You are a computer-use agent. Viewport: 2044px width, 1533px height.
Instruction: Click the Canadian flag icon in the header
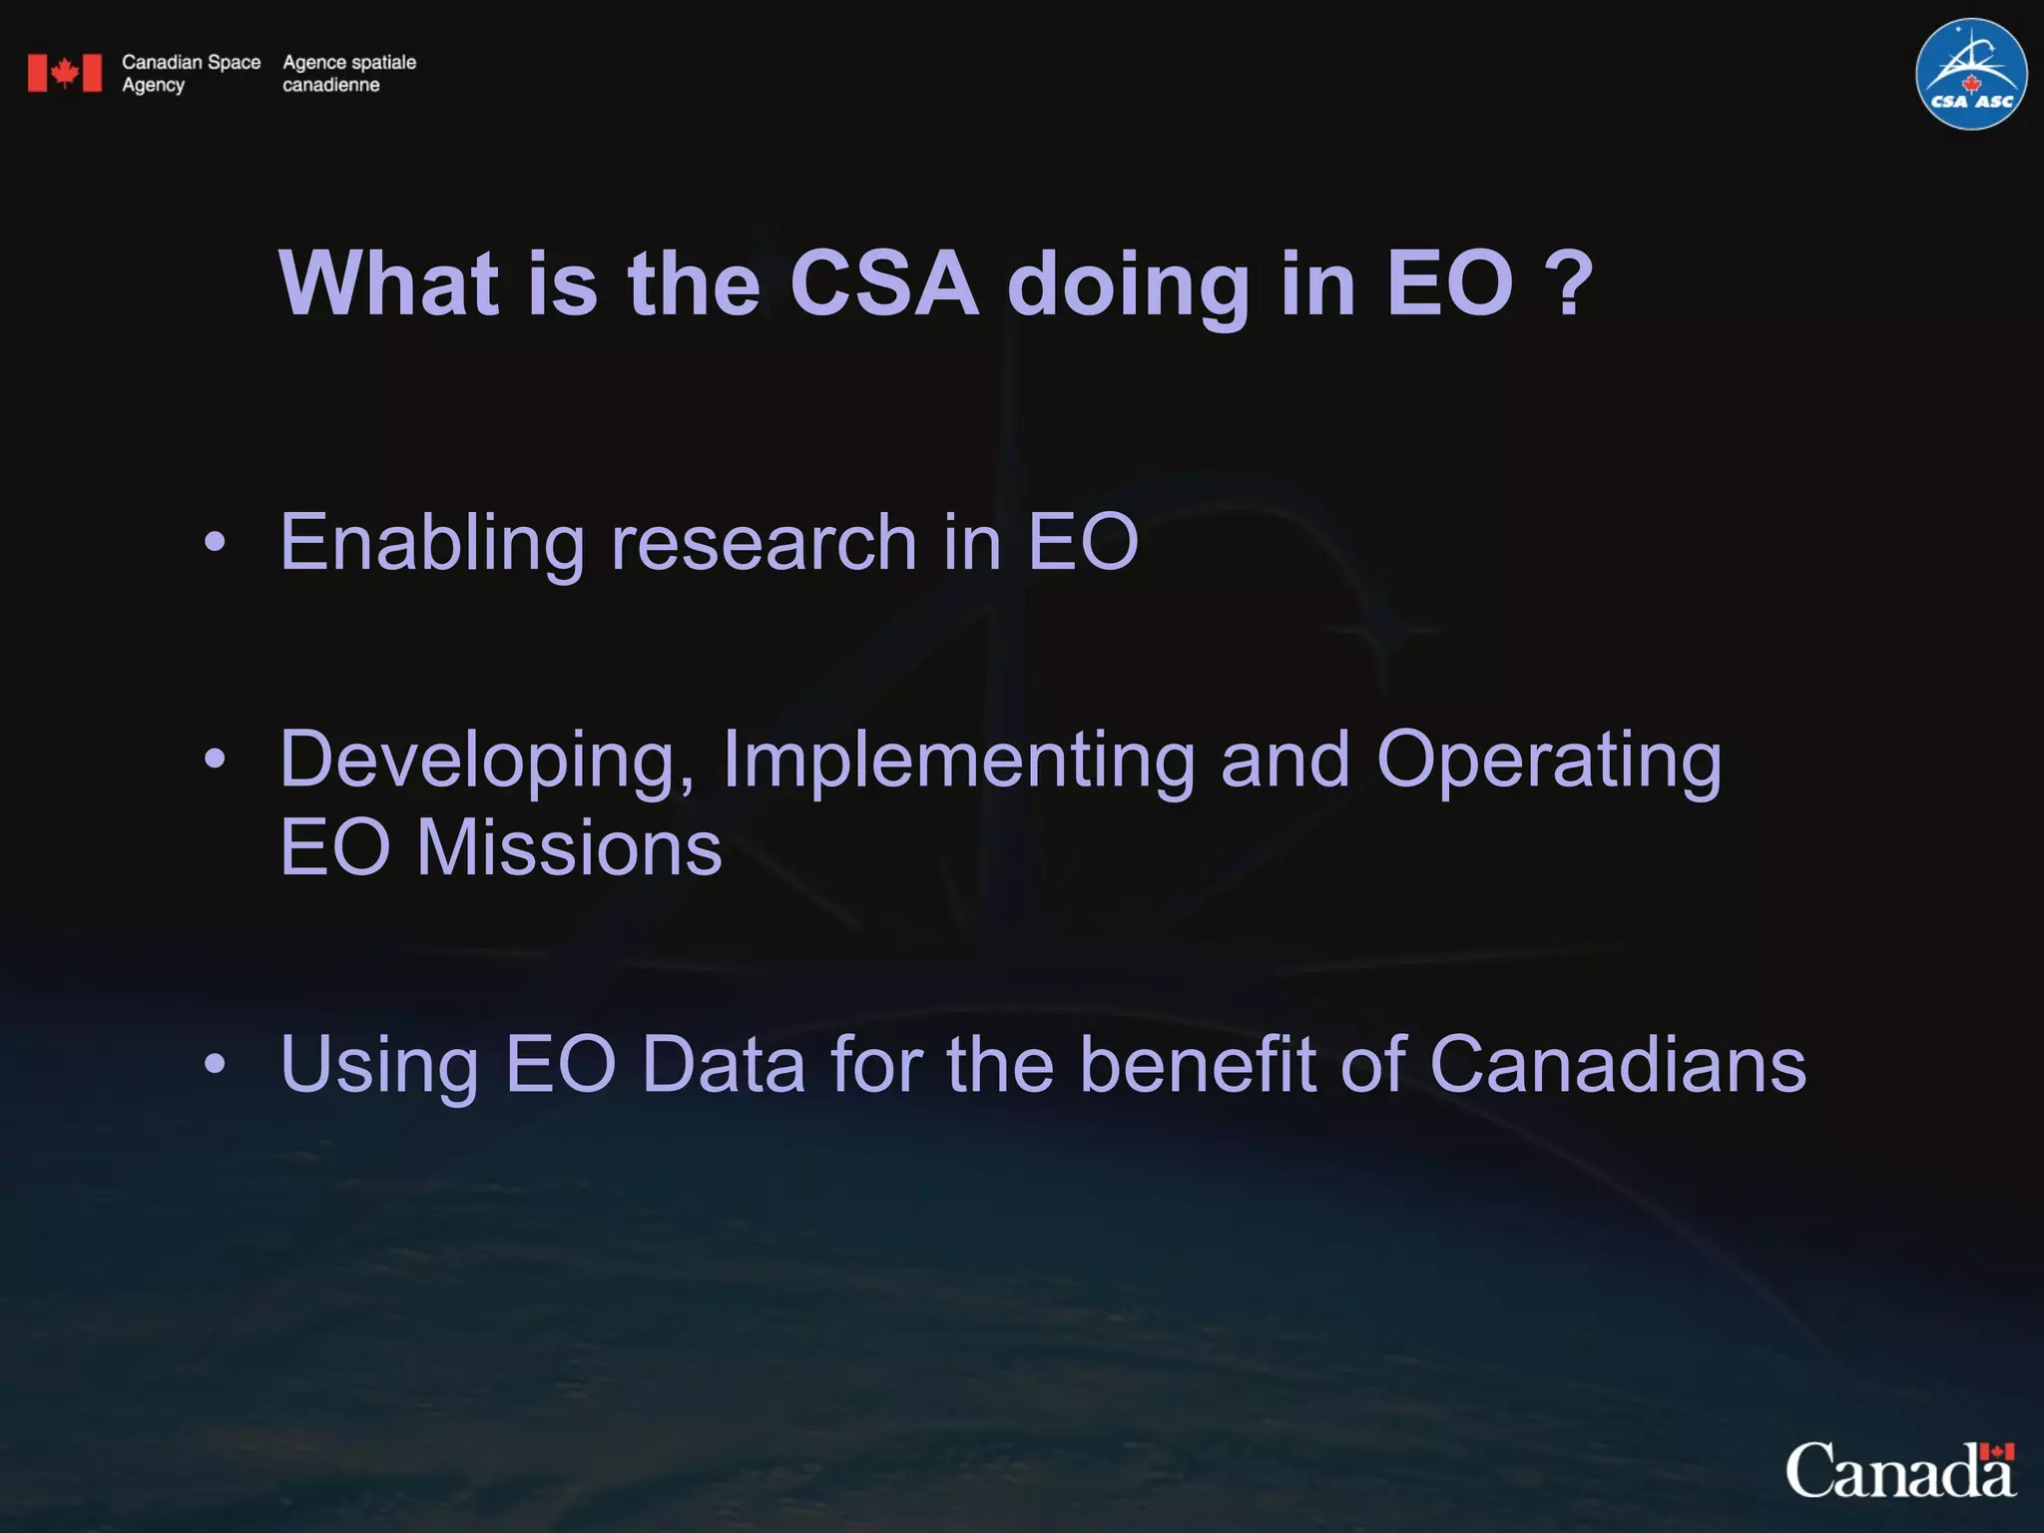point(65,73)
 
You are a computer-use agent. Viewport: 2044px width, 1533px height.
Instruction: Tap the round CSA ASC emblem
point(1970,75)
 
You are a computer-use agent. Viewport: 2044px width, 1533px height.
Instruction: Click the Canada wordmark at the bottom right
point(1900,1471)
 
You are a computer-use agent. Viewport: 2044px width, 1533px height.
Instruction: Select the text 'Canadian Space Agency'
point(191,73)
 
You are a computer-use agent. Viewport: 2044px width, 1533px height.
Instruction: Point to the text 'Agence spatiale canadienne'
point(348,73)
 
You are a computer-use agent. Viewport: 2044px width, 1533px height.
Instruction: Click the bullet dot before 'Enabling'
point(215,543)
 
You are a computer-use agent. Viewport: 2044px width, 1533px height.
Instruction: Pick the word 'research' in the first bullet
point(764,543)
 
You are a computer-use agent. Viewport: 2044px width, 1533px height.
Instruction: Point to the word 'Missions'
point(568,848)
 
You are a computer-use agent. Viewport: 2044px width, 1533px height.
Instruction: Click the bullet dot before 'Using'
point(215,1065)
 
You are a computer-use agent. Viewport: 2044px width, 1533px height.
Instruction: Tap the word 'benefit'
point(1198,1065)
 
